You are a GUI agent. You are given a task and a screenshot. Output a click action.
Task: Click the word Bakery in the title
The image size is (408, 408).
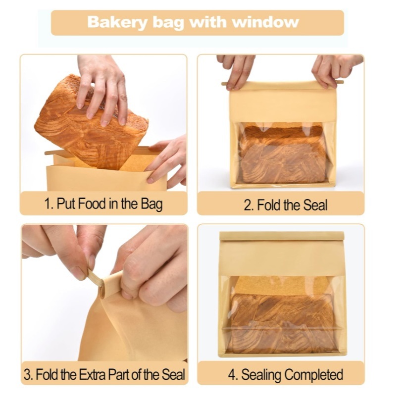point(117,22)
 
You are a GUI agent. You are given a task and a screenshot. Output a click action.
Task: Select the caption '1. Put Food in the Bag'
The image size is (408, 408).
point(103,204)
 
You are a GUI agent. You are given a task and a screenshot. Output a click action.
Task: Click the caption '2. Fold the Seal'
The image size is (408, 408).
point(285,205)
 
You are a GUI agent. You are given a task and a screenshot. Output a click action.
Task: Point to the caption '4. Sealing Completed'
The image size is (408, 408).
point(285,375)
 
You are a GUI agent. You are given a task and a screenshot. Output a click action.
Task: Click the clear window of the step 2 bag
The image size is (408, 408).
point(283,153)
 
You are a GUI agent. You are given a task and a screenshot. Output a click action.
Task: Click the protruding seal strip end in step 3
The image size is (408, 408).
point(93,278)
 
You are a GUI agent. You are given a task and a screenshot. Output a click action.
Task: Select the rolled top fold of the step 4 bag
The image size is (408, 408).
point(282,236)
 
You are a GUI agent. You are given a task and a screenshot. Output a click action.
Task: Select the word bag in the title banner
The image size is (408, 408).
point(168,23)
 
